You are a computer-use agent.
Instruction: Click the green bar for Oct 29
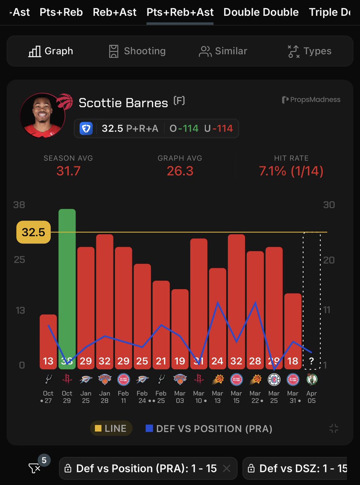click(67, 283)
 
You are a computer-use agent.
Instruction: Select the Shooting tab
click(137, 51)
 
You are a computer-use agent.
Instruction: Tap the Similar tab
click(223, 51)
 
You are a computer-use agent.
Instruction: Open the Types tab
click(309, 51)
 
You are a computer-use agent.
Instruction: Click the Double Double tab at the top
click(261, 12)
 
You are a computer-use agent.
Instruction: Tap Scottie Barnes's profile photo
click(42, 115)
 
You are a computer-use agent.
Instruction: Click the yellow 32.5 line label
click(33, 232)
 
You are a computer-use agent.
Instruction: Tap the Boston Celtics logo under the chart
click(312, 379)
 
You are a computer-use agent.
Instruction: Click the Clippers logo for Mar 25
click(274, 379)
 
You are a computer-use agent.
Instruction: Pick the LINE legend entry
click(111, 428)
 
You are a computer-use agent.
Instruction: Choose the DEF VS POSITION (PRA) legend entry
click(209, 428)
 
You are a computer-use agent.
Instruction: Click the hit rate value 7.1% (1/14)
click(291, 171)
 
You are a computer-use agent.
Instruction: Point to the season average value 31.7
click(68, 171)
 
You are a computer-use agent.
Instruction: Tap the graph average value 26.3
click(180, 171)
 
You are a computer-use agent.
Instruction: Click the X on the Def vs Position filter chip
click(227, 468)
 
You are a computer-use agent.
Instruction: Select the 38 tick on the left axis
click(19, 205)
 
